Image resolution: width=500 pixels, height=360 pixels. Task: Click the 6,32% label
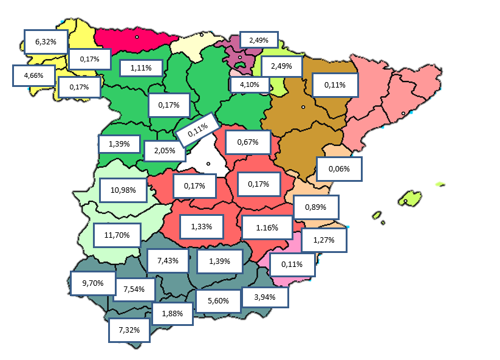pyautogui.click(x=46, y=42)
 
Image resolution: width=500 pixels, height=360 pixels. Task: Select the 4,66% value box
pyautogui.click(x=33, y=76)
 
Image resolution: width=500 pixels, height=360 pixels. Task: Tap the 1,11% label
pyautogui.click(x=140, y=68)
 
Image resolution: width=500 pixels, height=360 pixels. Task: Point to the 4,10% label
pyautogui.click(x=250, y=85)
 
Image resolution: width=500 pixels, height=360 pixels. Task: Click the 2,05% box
pyautogui.click(x=165, y=151)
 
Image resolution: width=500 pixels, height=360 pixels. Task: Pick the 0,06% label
pyautogui.click(x=339, y=168)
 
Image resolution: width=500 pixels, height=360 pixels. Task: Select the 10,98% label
pyautogui.click(x=123, y=190)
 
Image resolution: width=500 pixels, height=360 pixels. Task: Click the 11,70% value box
pyautogui.click(x=117, y=235)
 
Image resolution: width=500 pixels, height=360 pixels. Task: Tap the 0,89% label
pyautogui.click(x=316, y=207)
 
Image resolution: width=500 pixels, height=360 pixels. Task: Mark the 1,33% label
pyautogui.click(x=202, y=227)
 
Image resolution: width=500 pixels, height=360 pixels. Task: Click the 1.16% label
pyautogui.click(x=267, y=228)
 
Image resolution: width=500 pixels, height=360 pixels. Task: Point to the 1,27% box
pyautogui.click(x=324, y=240)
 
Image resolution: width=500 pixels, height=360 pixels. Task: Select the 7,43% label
pyautogui.click(x=168, y=260)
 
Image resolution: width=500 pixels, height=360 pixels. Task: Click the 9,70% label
pyautogui.click(x=92, y=283)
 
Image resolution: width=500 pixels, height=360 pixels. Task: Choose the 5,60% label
pyautogui.click(x=218, y=300)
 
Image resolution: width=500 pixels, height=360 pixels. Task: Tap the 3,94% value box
pyautogui.click(x=265, y=297)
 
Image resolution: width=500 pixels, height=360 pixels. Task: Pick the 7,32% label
pyautogui.click(x=129, y=330)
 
